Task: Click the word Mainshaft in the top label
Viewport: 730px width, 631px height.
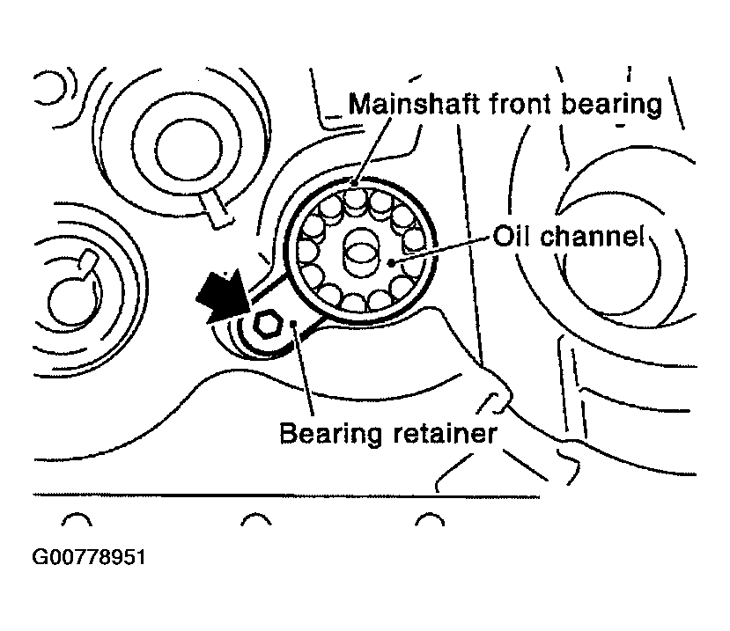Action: click(x=411, y=104)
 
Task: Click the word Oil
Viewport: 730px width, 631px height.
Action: click(x=512, y=237)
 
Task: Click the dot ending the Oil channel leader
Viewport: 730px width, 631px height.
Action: click(x=392, y=260)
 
